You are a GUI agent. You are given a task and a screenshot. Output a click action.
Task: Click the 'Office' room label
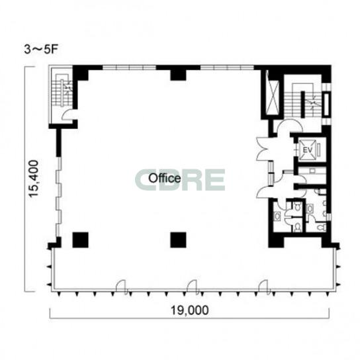click(x=164, y=178)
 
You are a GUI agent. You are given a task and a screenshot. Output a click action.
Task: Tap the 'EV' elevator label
click(x=308, y=150)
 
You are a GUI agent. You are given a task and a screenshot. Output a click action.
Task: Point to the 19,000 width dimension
click(x=190, y=310)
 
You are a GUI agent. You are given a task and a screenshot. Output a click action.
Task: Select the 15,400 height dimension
click(x=34, y=179)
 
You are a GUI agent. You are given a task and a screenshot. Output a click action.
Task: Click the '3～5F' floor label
click(x=40, y=50)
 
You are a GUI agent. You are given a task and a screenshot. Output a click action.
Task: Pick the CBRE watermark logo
click(x=180, y=180)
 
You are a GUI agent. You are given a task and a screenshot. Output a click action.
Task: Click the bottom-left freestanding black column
click(x=80, y=240)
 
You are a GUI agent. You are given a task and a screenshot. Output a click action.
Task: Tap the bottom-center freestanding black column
click(x=178, y=240)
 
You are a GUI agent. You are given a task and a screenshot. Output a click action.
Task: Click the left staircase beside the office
click(x=62, y=90)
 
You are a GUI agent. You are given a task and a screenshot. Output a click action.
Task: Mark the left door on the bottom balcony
click(x=122, y=287)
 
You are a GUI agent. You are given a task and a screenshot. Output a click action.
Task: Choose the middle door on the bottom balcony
click(x=193, y=287)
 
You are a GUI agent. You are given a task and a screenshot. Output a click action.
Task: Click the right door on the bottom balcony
click(x=265, y=287)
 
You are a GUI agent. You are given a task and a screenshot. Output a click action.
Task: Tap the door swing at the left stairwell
click(x=68, y=114)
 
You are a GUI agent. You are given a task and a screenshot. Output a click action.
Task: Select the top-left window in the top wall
click(x=129, y=67)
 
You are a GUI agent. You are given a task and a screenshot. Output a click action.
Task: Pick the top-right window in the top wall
click(x=227, y=67)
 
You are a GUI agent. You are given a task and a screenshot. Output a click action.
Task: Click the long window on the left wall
click(x=59, y=197)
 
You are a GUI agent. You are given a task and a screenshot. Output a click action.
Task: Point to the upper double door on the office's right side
click(x=263, y=149)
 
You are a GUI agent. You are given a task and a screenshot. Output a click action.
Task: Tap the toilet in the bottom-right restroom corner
click(x=322, y=227)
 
